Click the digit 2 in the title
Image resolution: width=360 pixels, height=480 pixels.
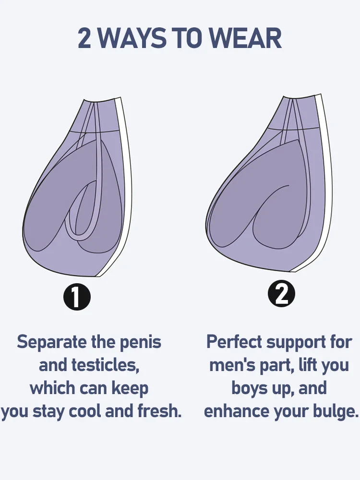tap(84, 38)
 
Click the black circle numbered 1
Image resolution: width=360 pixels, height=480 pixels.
tap(77, 298)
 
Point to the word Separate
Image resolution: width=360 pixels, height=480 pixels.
tap(52, 342)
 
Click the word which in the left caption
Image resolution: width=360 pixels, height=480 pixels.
tap(52, 388)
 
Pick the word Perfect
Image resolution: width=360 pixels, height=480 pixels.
tap(234, 342)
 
